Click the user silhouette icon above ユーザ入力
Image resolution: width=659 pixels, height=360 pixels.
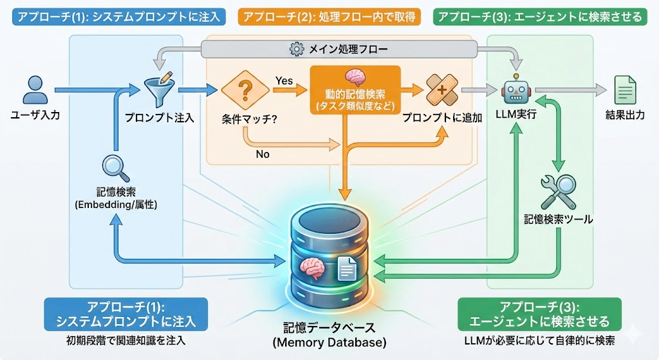(33, 90)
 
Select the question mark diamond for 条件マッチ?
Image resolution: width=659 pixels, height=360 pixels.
(245, 90)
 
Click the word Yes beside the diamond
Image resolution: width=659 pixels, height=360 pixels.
(284, 80)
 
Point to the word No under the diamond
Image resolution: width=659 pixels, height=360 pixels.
(263, 154)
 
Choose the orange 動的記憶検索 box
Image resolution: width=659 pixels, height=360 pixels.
(355, 90)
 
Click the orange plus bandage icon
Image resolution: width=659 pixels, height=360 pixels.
(441, 90)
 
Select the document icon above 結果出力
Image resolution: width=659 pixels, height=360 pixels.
(623, 90)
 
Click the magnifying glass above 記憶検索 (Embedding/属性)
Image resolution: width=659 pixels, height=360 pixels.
(116, 168)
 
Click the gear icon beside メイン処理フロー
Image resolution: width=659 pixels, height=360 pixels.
(297, 49)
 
